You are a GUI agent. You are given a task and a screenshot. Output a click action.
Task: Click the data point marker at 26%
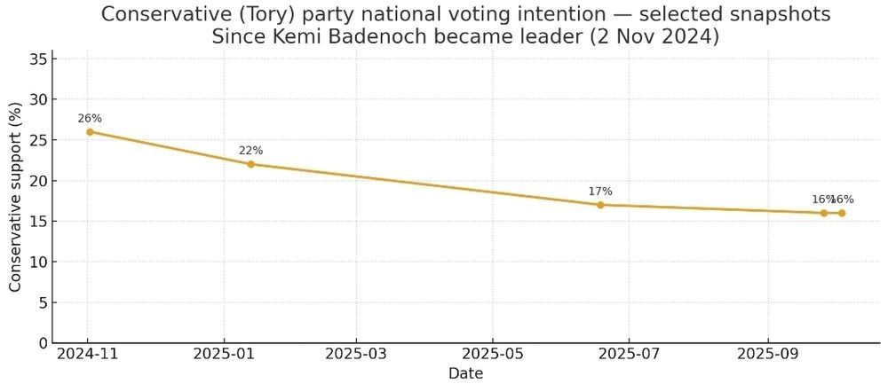coord(90,132)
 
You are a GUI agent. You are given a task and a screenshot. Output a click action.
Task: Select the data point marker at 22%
coord(251,164)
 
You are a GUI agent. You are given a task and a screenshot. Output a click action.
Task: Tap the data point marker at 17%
coord(600,205)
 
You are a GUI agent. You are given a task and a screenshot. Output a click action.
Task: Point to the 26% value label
coord(90,118)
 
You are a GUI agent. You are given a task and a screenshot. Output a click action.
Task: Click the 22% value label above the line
coord(251,151)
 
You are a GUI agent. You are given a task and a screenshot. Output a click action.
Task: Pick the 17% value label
coord(600,192)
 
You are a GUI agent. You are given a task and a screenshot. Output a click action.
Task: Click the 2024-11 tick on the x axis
coord(88,355)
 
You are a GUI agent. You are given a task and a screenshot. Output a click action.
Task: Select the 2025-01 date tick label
coord(224,355)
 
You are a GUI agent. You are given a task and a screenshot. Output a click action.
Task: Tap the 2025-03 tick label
coord(356,355)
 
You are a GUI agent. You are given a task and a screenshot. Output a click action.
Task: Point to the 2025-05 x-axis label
coord(492,355)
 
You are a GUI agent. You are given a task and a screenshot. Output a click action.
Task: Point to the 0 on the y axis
coord(42,343)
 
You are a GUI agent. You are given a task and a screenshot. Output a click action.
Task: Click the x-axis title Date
coord(465,373)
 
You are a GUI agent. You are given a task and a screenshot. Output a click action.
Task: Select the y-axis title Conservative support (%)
coord(15,195)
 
